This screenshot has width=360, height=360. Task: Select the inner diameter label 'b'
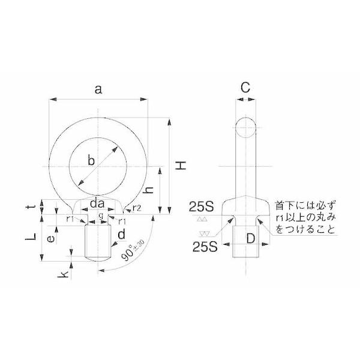click(x=91, y=160)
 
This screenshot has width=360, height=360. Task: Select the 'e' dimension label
click(x=52, y=238)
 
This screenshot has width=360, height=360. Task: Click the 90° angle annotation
click(x=133, y=250)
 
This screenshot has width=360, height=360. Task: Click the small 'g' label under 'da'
click(x=100, y=215)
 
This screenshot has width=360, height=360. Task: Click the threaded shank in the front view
click(x=98, y=241)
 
